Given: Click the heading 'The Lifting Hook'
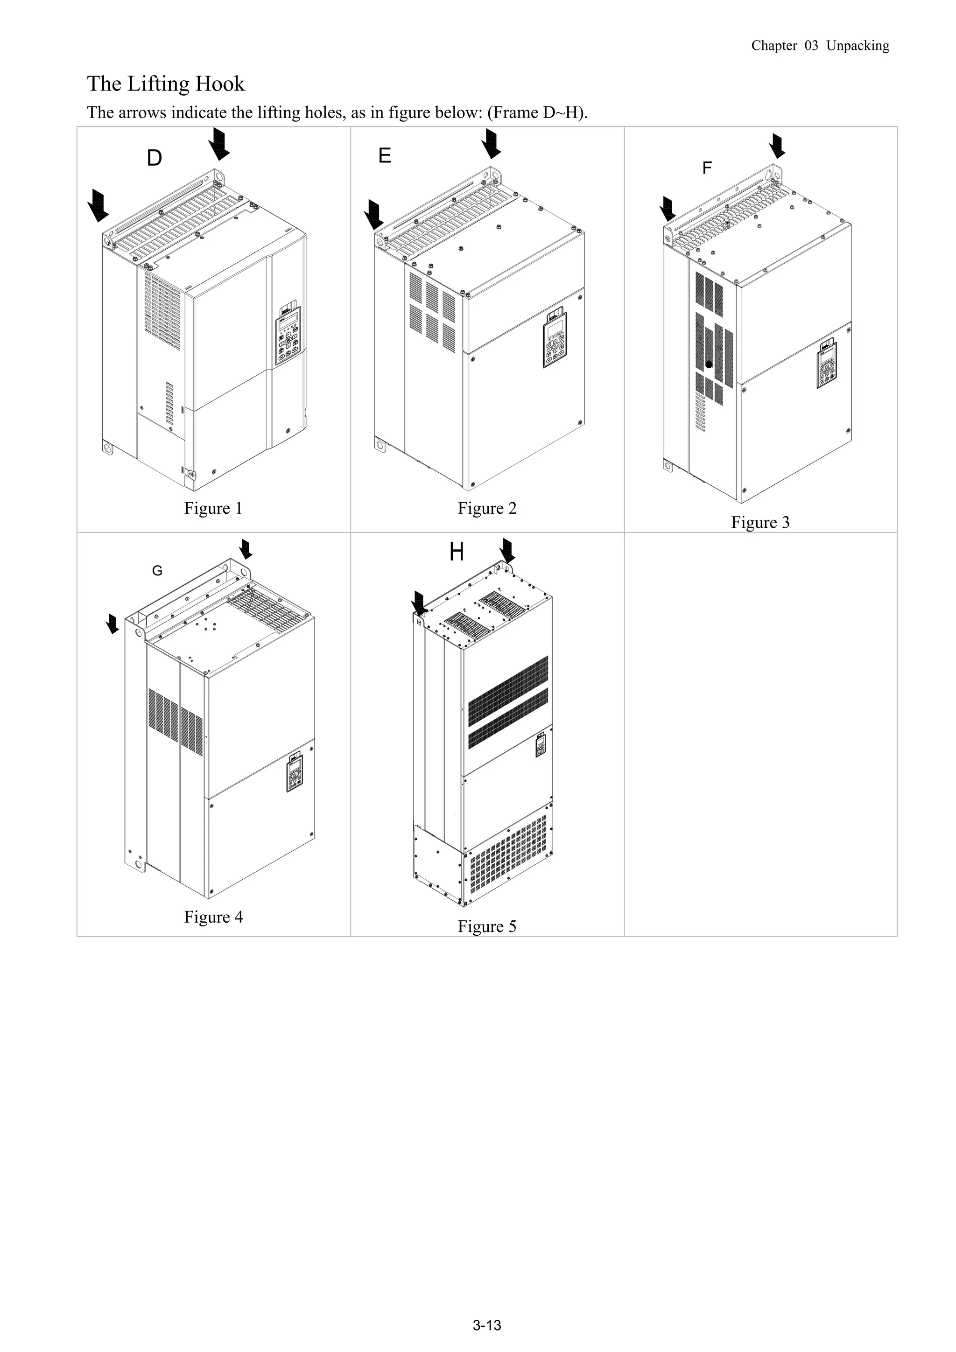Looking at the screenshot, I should pyautogui.click(x=166, y=84).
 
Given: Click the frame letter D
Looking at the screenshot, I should pyautogui.click(x=155, y=158).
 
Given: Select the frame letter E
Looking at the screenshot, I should pyautogui.click(x=385, y=156).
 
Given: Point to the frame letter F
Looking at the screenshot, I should pyautogui.click(x=707, y=168).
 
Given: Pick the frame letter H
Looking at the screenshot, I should pyautogui.click(x=457, y=553).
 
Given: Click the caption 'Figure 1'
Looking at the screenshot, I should pyautogui.click(x=213, y=508).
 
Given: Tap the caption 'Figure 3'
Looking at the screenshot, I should pyautogui.click(x=760, y=522).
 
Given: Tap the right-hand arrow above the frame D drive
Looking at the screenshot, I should pyautogui.click(x=219, y=144).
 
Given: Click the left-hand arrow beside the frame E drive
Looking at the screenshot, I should pyautogui.click(x=373, y=214).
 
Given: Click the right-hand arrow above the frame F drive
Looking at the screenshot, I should pyautogui.click(x=778, y=146).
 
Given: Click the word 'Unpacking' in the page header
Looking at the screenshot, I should pyautogui.click(x=857, y=46).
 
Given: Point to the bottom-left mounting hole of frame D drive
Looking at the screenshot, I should pyautogui.click(x=108, y=447).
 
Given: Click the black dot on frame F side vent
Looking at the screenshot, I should pyautogui.click(x=709, y=364).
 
